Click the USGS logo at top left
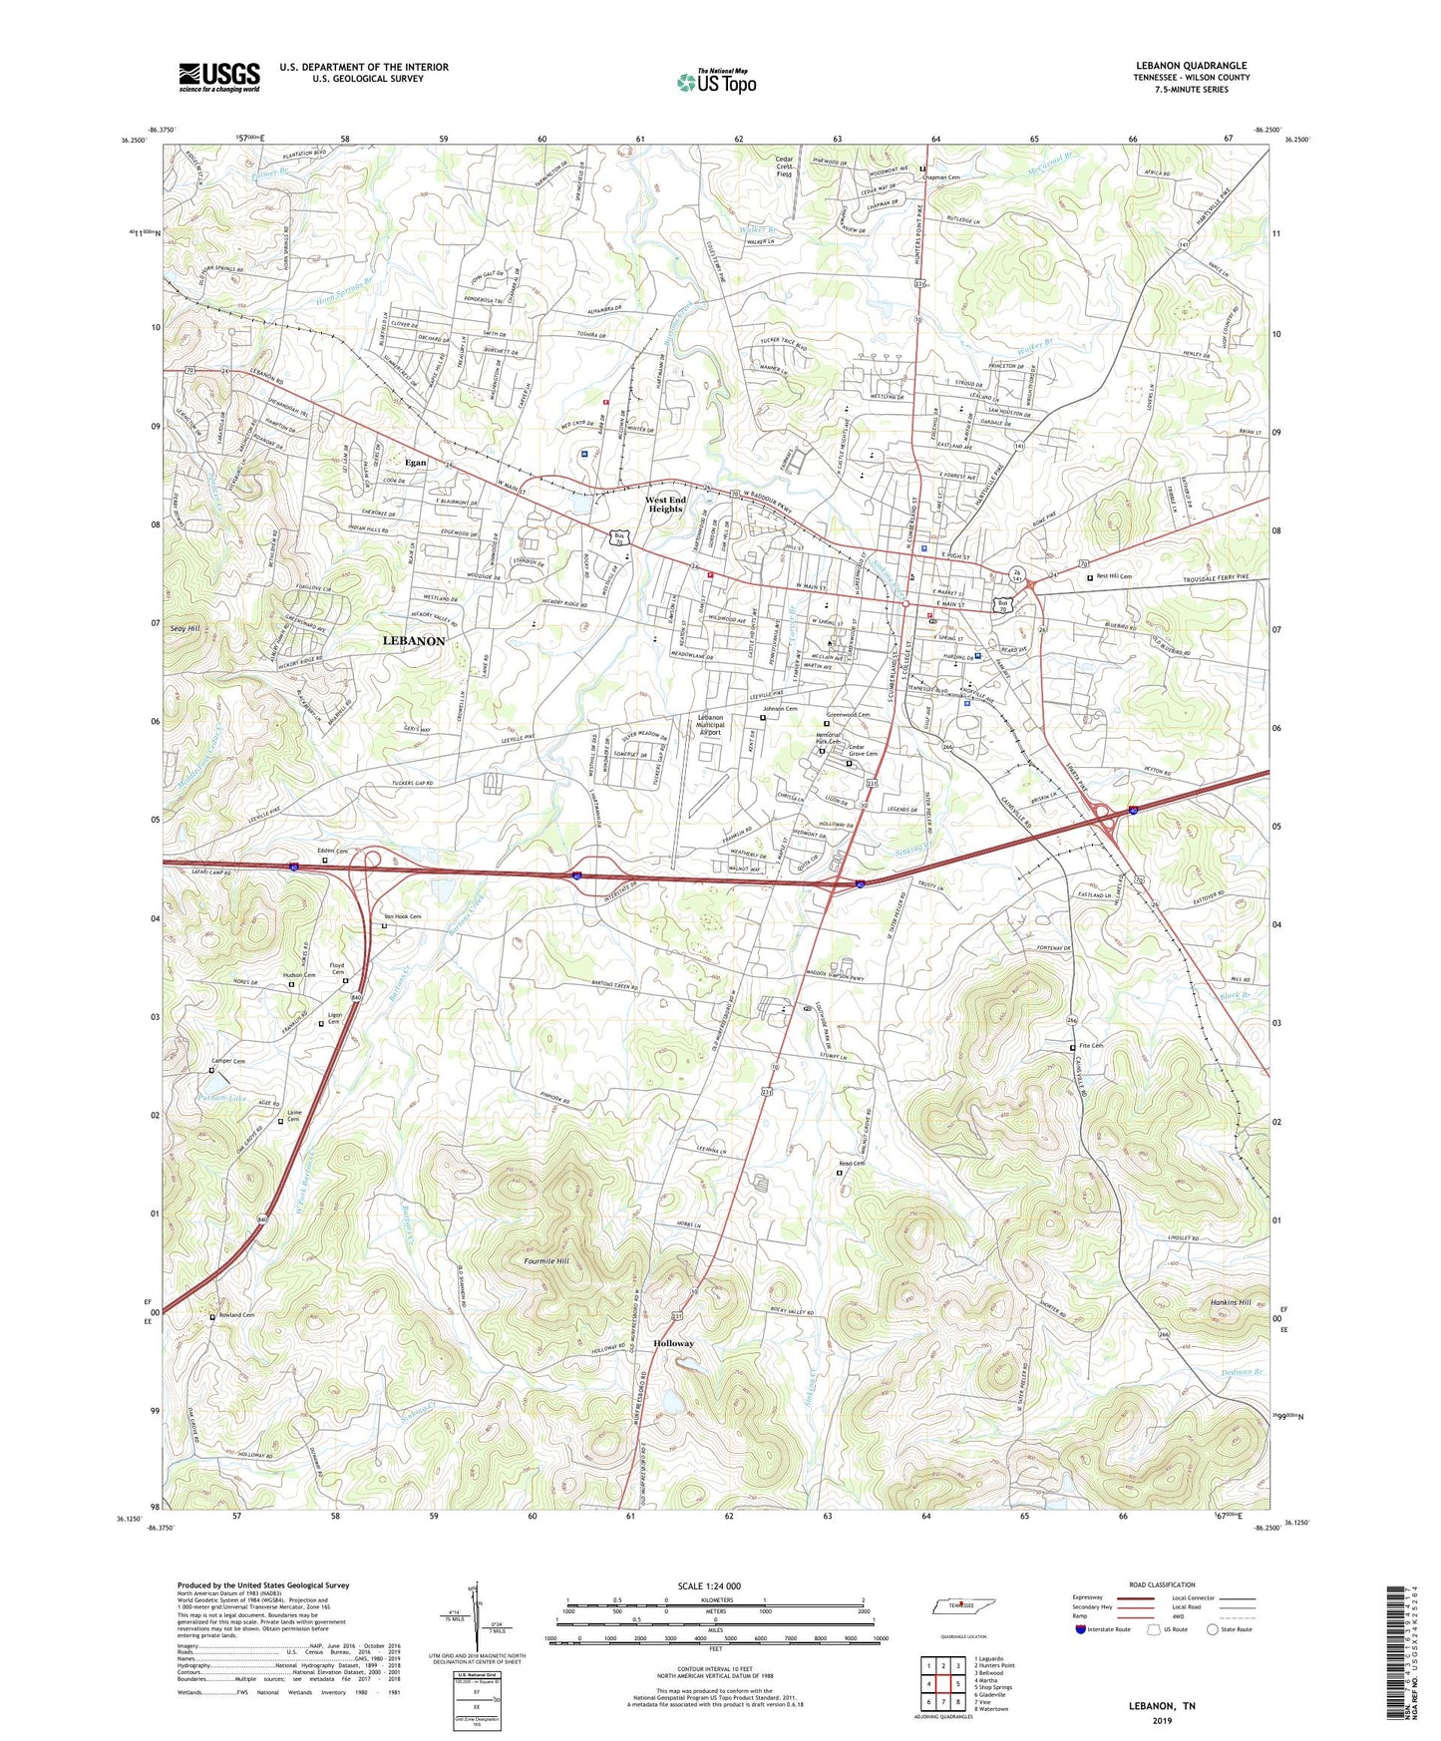click(219, 77)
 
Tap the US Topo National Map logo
click(716, 82)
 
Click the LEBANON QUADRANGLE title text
click(1191, 66)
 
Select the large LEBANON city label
click(414, 641)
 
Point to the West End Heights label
click(665, 505)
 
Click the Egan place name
click(415, 463)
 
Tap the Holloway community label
click(673, 1343)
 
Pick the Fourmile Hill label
click(546, 1261)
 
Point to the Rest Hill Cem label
click(1114, 576)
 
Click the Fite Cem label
click(1091, 1046)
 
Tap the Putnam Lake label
click(221, 1098)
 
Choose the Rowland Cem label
click(236, 1315)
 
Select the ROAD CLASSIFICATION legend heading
click(1162, 1584)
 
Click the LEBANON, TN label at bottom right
click(1161, 1706)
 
